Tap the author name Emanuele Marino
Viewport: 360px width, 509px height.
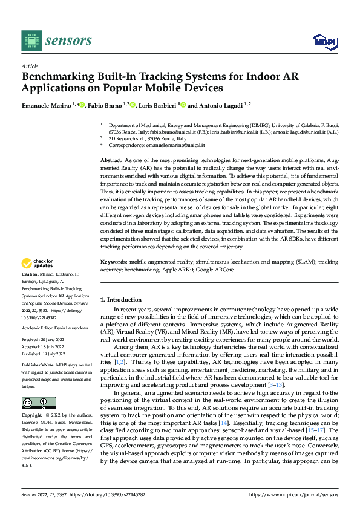[46, 105]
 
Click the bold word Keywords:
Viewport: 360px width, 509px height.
[114, 262]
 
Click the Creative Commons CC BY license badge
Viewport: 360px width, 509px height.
[38, 403]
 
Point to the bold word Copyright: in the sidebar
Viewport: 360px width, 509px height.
[33, 416]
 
